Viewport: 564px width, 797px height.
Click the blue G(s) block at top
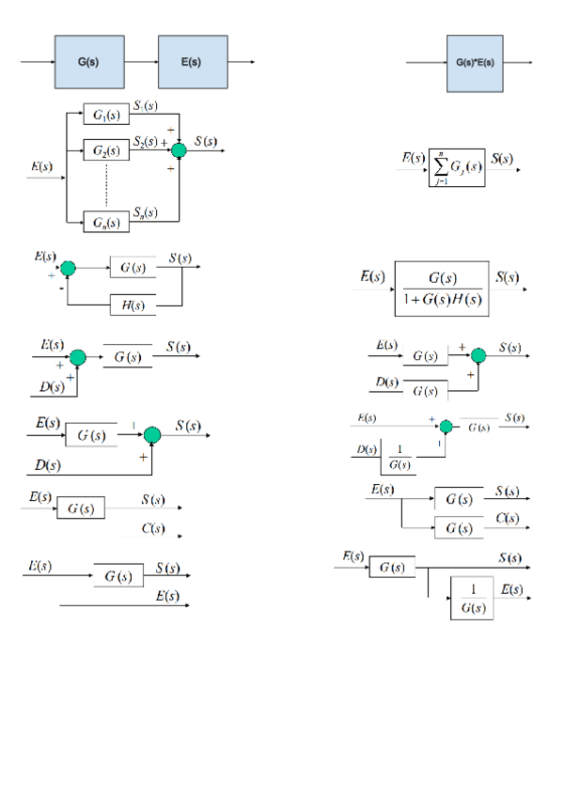click(89, 63)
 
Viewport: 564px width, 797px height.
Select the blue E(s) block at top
click(192, 63)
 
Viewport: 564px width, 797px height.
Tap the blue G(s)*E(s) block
click(475, 63)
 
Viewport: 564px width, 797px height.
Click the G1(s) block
click(106, 115)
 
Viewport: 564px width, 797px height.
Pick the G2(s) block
click(106, 150)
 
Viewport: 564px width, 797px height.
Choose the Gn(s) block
click(106, 222)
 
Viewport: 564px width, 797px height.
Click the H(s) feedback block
click(133, 305)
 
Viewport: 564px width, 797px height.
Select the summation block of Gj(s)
click(457, 167)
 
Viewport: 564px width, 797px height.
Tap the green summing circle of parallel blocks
click(179, 150)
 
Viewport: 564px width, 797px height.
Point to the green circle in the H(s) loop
click(68, 269)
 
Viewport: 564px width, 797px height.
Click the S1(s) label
click(145, 106)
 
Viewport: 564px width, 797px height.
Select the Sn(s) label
click(145, 213)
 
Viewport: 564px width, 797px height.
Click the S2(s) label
click(145, 142)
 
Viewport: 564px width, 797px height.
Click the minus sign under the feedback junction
click(62, 290)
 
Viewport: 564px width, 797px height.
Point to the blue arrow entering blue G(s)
click(38, 63)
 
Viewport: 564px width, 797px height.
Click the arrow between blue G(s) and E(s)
click(141, 63)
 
